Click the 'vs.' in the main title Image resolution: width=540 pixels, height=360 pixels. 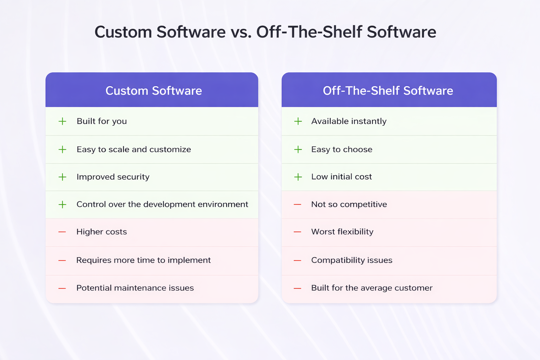tap(241, 32)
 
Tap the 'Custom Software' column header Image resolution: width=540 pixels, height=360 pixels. tap(154, 91)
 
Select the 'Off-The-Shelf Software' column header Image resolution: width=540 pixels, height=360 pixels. tap(388, 91)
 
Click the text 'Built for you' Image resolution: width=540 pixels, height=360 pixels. tap(102, 121)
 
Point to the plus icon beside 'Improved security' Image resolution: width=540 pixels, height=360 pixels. tap(62, 177)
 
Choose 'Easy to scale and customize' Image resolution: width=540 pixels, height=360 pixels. tap(134, 149)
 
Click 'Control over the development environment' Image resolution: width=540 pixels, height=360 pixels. tap(162, 204)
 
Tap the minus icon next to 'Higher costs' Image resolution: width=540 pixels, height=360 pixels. tap(62, 232)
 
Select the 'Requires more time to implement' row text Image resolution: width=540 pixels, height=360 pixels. tap(143, 260)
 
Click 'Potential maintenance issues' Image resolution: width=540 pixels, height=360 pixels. tap(135, 288)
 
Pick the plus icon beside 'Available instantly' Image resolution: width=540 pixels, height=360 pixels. tap(298, 121)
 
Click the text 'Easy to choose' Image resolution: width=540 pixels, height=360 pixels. tap(341, 149)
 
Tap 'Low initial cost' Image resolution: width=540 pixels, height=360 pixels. tap(341, 177)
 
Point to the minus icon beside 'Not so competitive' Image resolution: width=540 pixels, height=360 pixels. tap(297, 204)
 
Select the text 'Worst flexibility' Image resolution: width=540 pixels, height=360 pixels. tap(342, 232)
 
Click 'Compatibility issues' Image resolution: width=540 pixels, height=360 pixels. tap(352, 260)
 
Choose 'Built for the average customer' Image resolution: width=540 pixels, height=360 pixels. tap(372, 288)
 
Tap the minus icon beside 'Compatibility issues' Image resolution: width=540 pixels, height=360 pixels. tap(297, 261)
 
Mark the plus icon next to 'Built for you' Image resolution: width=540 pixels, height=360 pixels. tap(62, 121)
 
